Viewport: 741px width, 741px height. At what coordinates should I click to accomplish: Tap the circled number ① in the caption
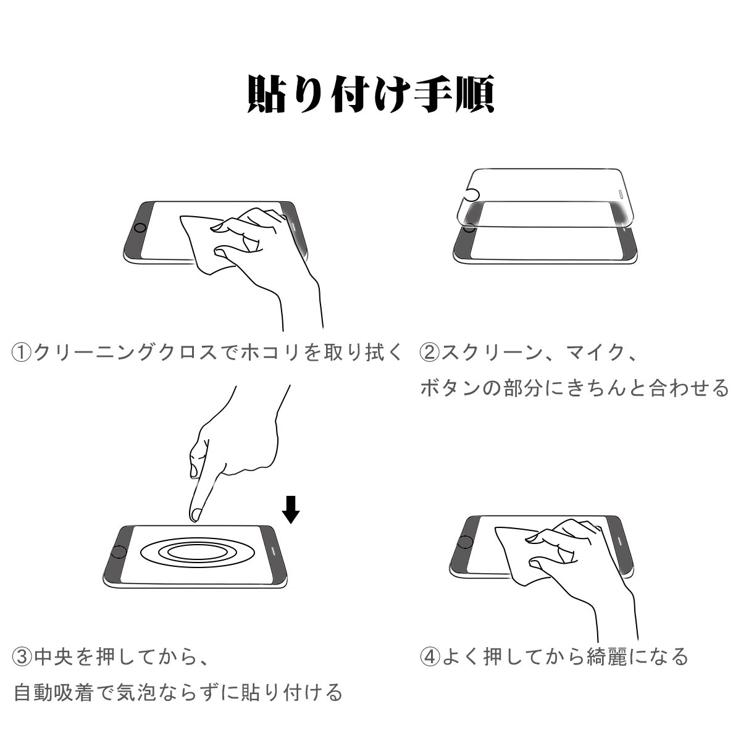coord(22,352)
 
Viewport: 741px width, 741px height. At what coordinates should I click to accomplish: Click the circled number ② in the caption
coord(430,352)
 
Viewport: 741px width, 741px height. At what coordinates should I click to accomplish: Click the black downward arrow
coord(291,509)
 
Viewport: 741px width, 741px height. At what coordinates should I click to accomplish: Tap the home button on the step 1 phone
coord(140,228)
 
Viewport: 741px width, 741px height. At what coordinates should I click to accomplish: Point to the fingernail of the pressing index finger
coord(196,514)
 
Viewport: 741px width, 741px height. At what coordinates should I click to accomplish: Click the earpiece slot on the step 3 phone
coord(274,551)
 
